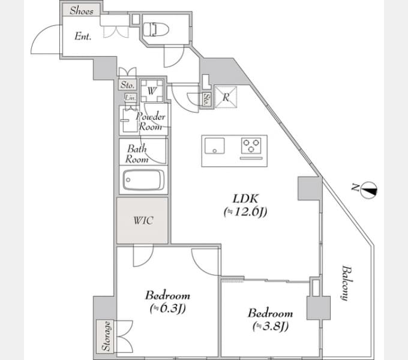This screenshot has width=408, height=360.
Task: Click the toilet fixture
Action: point(156,29)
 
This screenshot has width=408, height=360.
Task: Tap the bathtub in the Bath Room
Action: point(143,180)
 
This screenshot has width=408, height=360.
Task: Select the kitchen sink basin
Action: point(214,146)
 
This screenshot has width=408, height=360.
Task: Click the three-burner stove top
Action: point(251,145)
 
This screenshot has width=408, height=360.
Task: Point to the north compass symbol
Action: point(369,191)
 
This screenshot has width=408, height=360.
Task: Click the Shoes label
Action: point(82,11)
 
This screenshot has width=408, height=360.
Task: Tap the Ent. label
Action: point(83,36)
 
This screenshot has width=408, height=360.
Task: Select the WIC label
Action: point(143,221)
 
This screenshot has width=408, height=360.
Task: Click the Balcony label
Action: point(347,283)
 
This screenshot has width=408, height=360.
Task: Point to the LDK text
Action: point(245,199)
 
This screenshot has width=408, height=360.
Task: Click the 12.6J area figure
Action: point(245,212)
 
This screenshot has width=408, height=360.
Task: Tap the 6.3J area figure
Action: point(167,308)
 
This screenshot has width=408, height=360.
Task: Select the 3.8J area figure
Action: point(271,326)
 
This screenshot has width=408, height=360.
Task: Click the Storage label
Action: point(106,336)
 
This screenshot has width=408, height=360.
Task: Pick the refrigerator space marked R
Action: point(226,97)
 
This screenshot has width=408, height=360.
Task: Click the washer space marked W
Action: point(152,91)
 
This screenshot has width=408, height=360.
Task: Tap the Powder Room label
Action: point(151,122)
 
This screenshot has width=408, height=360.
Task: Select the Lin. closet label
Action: point(130,98)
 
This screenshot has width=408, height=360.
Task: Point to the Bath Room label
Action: point(137,154)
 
